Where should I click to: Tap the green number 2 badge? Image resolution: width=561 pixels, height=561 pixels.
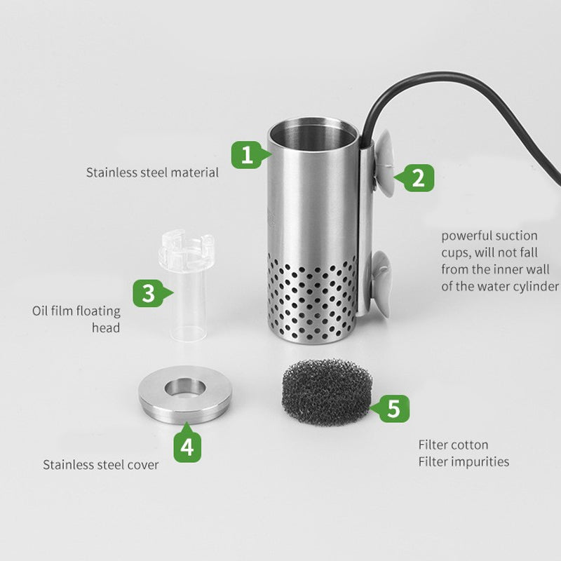(416, 178)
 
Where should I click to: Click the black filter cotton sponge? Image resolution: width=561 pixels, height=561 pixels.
(327, 392)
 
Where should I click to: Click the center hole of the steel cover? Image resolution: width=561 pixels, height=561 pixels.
(185, 388)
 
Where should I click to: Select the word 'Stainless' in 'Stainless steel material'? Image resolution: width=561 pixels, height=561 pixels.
(111, 173)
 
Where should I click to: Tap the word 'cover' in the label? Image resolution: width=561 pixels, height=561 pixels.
(143, 465)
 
